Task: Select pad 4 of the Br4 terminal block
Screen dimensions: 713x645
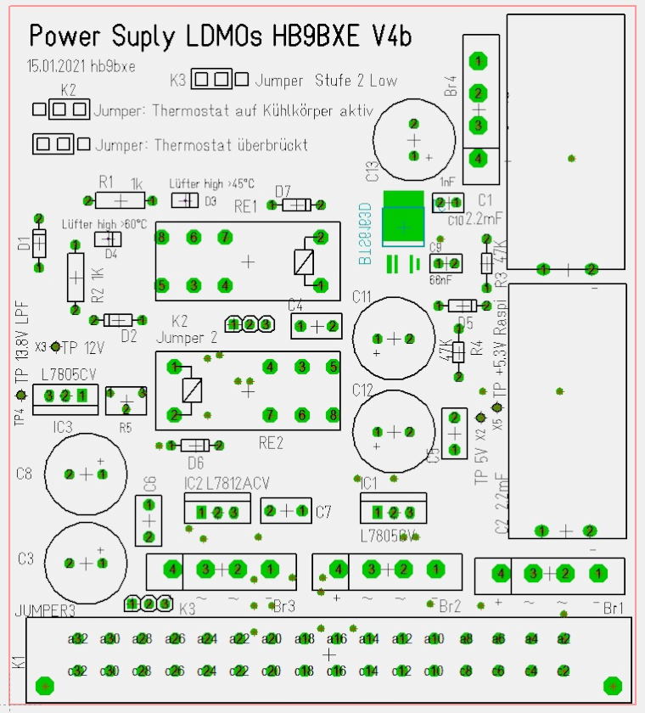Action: click(x=479, y=157)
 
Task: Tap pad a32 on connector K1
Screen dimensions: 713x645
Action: click(x=78, y=638)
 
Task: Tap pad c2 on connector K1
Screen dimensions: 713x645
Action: click(x=563, y=671)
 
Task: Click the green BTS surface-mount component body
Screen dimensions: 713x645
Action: click(x=403, y=225)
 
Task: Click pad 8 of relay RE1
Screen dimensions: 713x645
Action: click(x=161, y=237)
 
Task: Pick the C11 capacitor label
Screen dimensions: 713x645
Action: click(x=362, y=297)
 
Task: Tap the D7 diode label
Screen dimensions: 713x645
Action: click(x=283, y=190)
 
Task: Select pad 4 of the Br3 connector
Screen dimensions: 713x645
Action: click(x=171, y=569)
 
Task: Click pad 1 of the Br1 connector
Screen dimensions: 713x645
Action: click(x=597, y=574)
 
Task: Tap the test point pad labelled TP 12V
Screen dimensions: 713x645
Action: click(x=56, y=346)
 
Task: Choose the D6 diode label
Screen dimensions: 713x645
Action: click(x=195, y=463)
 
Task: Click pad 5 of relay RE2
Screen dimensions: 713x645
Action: click(x=333, y=367)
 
